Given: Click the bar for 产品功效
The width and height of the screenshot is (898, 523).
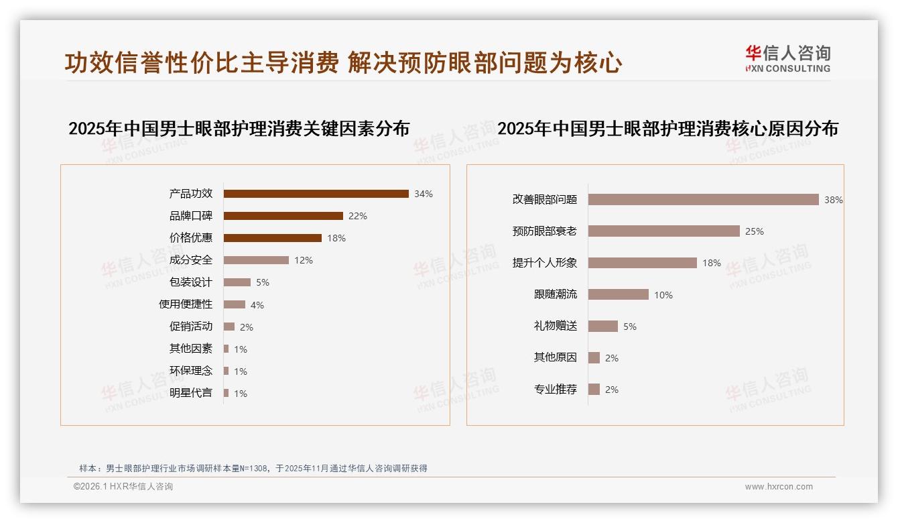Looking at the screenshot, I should coord(316,194).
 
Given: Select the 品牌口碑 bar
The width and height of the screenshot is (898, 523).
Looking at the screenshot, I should coord(283,216).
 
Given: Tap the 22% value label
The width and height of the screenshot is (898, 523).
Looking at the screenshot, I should coord(357,216).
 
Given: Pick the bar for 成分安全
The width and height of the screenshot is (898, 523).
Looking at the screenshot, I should coord(256,260).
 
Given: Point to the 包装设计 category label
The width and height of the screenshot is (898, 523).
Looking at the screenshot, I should coord(191,282).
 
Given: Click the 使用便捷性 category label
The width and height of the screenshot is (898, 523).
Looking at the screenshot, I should coord(186,304).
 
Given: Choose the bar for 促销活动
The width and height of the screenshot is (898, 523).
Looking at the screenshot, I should coord(229,327).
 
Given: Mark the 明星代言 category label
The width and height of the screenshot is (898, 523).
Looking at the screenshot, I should coord(191,393).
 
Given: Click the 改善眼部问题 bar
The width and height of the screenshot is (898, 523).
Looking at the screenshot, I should coord(703,200).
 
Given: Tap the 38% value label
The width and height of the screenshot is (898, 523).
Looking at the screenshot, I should coord(833,200).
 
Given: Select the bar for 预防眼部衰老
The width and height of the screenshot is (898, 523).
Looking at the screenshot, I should coord(663,231).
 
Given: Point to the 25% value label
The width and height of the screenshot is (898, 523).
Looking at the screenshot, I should coord(754,231).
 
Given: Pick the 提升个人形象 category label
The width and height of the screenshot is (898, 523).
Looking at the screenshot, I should coord(545,263).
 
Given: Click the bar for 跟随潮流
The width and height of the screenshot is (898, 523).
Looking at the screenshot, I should coord(618,294).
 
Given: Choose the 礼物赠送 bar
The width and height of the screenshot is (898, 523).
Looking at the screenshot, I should coord(602,326).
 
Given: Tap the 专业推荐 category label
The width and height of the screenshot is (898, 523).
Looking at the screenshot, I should coord(556,389).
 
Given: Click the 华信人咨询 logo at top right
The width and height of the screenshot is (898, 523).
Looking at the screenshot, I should coord(787,59).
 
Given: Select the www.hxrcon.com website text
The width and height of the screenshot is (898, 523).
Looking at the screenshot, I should coord(779,487).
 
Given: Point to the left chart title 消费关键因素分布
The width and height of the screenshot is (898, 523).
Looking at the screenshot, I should coord(239,129).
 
